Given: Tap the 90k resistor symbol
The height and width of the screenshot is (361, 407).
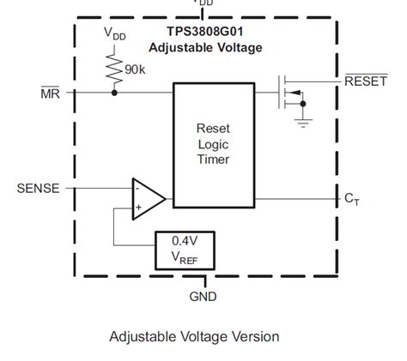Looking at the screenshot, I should pyautogui.click(x=114, y=65).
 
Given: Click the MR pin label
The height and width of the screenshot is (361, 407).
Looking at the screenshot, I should pyautogui.click(x=50, y=92).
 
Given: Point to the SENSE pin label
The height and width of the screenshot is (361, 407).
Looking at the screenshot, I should pyautogui.click(x=39, y=187).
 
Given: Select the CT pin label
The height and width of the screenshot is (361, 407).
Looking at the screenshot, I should pyautogui.click(x=352, y=199).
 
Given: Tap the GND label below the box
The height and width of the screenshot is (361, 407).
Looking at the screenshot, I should pyautogui.click(x=203, y=297).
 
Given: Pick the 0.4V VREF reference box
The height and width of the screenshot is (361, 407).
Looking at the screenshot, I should pyautogui.click(x=184, y=250).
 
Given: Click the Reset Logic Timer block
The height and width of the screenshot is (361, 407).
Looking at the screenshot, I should pyautogui.click(x=214, y=143).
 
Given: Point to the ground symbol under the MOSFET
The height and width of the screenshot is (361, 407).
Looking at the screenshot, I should pyautogui.click(x=302, y=121).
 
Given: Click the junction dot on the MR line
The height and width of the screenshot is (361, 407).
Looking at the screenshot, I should pyautogui.click(x=114, y=91).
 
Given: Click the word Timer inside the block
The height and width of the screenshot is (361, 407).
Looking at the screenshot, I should pyautogui.click(x=214, y=159).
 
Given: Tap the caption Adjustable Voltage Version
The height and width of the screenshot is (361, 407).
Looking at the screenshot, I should pyautogui.click(x=194, y=336).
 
